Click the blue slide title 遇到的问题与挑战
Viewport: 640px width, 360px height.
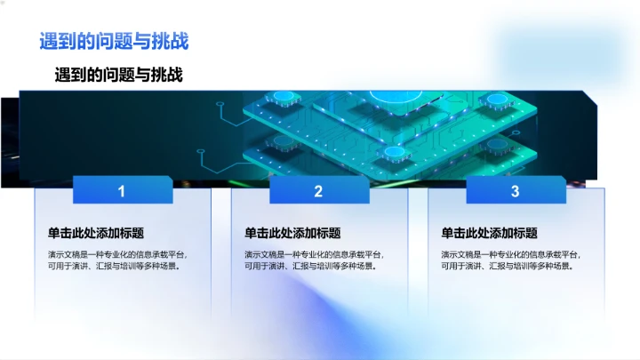[114, 42]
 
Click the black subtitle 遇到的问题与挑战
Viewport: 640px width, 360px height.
[119, 75]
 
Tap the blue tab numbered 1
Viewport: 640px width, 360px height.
[122, 190]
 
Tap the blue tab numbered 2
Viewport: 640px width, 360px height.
[318, 190]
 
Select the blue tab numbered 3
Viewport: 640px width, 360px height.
[515, 190]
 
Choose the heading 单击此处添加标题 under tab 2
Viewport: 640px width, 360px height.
[292, 233]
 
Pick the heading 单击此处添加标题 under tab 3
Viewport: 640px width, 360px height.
[489, 233]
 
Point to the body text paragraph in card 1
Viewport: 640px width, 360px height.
[117, 260]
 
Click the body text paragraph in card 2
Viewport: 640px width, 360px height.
[314, 260]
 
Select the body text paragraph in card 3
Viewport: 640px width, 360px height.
[510, 260]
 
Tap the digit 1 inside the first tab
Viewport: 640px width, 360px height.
[122, 190]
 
